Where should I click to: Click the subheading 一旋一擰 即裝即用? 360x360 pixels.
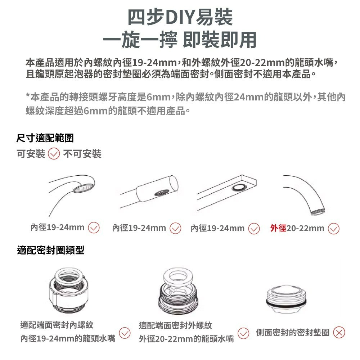[x=180, y=39]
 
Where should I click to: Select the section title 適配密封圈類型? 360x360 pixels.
[x=51, y=250]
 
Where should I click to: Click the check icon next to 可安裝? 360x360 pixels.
[x=54, y=154]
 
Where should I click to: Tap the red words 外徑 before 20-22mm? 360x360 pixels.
[x=278, y=228]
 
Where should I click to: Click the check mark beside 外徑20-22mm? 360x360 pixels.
[x=333, y=229]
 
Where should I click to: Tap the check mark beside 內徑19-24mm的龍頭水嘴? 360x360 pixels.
[x=124, y=333]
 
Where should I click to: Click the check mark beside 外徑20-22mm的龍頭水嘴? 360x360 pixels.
[x=244, y=333]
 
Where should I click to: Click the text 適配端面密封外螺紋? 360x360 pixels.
[x=175, y=326]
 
